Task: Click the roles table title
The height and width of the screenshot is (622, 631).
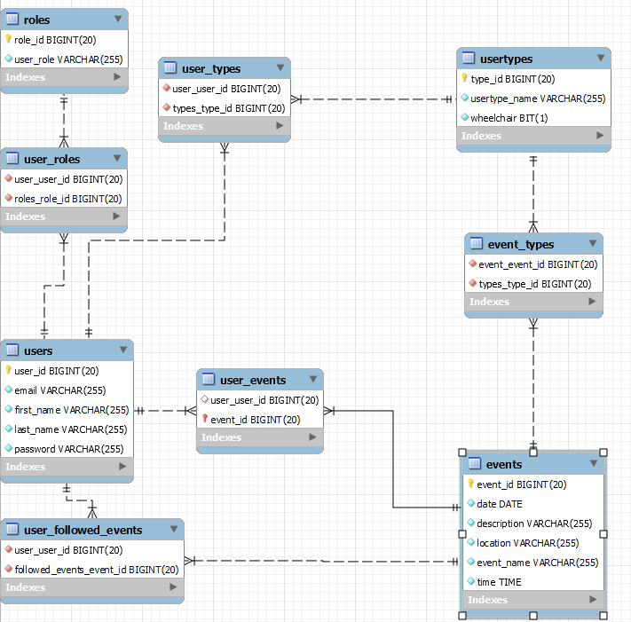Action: (36, 19)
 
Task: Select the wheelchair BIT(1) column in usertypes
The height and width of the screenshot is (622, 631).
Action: (509, 118)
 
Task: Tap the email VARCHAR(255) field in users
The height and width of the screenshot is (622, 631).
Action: (60, 390)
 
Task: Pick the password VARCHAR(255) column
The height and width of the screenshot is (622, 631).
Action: (68, 449)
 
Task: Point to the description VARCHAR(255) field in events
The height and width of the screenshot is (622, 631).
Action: (534, 524)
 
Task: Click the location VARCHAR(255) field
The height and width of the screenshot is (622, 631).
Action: (528, 543)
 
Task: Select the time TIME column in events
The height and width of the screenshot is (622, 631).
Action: (499, 582)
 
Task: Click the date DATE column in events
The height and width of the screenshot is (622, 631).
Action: (500, 504)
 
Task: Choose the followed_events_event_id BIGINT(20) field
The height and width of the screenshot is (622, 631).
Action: (97, 570)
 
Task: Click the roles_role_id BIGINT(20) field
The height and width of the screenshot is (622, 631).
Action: (68, 199)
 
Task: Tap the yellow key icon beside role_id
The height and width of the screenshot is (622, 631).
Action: (8, 40)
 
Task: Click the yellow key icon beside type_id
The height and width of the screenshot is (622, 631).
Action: (463, 79)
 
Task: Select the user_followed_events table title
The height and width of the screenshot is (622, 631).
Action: (83, 530)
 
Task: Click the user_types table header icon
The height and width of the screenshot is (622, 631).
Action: (170, 68)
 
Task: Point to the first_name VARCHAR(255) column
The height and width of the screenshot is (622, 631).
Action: (71, 410)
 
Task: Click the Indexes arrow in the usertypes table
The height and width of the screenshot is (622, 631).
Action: (600, 136)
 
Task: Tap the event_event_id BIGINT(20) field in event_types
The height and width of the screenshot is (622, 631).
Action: (537, 264)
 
